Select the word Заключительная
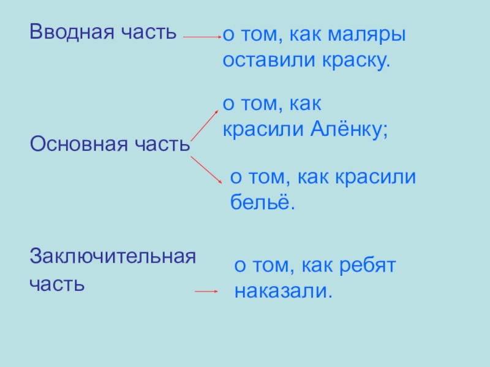113,255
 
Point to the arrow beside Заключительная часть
206,292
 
